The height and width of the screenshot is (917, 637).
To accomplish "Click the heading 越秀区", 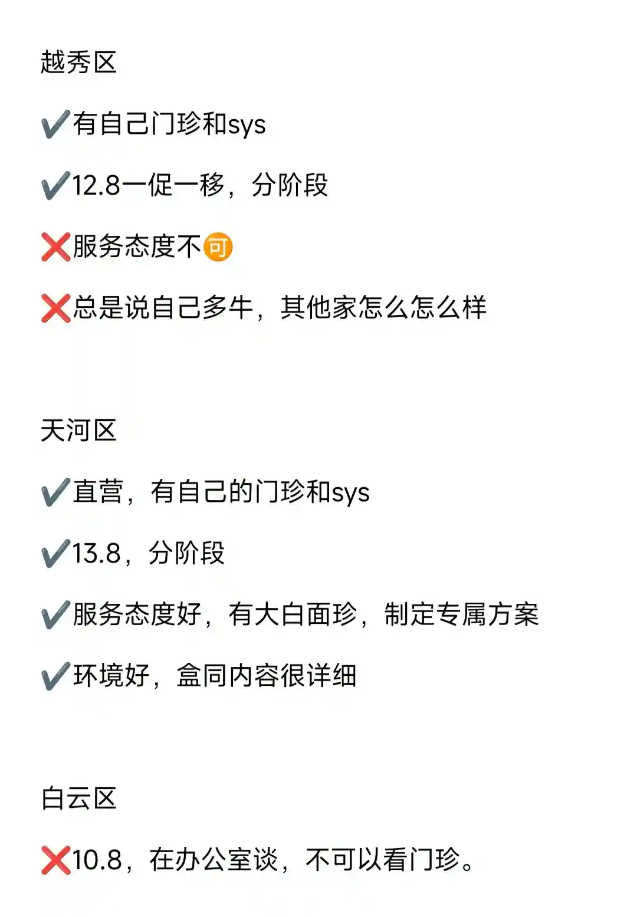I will pyautogui.click(x=78, y=63).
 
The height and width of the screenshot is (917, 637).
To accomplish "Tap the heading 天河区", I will pyautogui.click(x=78, y=430).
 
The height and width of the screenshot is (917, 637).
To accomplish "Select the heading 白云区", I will pyautogui.click(x=78, y=798).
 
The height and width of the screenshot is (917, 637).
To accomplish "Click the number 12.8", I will pyautogui.click(x=96, y=186).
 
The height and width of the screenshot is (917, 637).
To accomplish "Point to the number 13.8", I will pyautogui.click(x=96, y=554).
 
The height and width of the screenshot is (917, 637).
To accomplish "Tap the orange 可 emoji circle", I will pyautogui.click(x=218, y=247).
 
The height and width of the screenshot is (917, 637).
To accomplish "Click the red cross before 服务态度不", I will pyautogui.click(x=55, y=247).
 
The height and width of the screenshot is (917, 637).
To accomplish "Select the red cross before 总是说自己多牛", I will pyautogui.click(x=55, y=308).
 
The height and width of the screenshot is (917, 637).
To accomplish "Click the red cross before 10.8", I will pyautogui.click(x=55, y=860).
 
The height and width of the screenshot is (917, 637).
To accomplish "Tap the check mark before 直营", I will pyautogui.click(x=55, y=492).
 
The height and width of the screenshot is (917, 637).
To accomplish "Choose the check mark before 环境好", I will pyautogui.click(x=55, y=676).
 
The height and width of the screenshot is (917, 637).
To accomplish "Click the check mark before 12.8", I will pyautogui.click(x=55, y=186).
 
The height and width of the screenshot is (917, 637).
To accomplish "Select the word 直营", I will pyautogui.click(x=98, y=492).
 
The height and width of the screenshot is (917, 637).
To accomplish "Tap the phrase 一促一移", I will pyautogui.click(x=173, y=186).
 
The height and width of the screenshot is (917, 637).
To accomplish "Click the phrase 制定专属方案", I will pyautogui.click(x=461, y=615).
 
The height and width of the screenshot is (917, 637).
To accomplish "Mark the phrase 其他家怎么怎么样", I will pyautogui.click(x=383, y=308).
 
